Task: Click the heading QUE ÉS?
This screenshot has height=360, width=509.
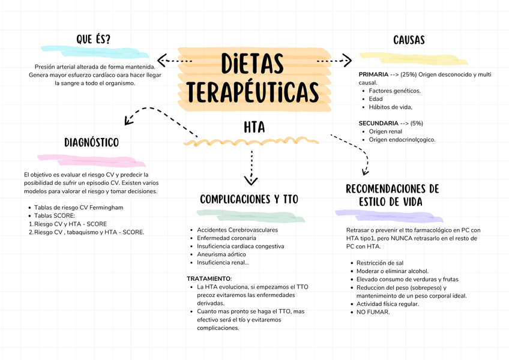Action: (x=93, y=40)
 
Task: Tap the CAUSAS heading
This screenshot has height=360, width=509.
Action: (x=409, y=40)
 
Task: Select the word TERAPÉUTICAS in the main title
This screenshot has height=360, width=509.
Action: (x=252, y=92)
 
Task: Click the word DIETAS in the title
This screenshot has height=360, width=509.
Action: (x=252, y=63)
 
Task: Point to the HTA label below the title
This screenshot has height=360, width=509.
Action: (x=254, y=128)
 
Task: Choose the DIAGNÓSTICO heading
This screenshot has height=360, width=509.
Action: (x=91, y=143)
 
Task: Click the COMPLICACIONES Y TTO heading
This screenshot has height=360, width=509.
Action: (x=248, y=199)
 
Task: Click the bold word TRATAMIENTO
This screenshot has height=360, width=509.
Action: (x=208, y=279)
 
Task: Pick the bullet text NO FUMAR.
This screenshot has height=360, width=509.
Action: (x=373, y=312)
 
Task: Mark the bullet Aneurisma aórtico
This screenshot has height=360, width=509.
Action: (x=221, y=254)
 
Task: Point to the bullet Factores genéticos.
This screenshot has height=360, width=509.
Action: (x=394, y=91)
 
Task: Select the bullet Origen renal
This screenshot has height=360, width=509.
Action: (x=385, y=131)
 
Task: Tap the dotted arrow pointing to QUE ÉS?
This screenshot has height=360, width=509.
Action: (x=174, y=61)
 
